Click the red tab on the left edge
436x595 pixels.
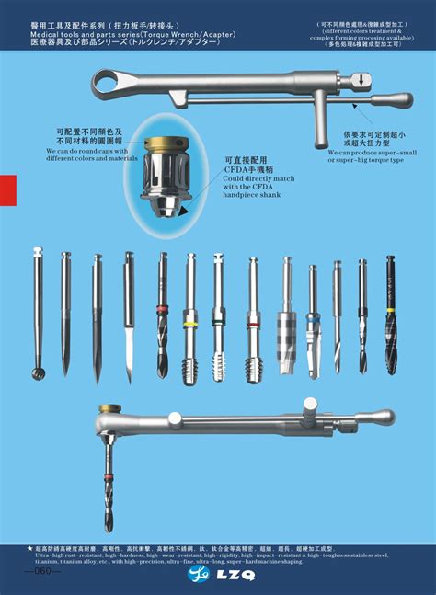coord(7,191)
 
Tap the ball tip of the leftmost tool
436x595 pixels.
coord(38,372)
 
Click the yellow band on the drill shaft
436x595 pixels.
coord(190,325)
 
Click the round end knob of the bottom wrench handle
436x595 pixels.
coord(385,417)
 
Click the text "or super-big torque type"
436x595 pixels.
coord(366,160)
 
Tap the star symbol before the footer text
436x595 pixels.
coord(30,548)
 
